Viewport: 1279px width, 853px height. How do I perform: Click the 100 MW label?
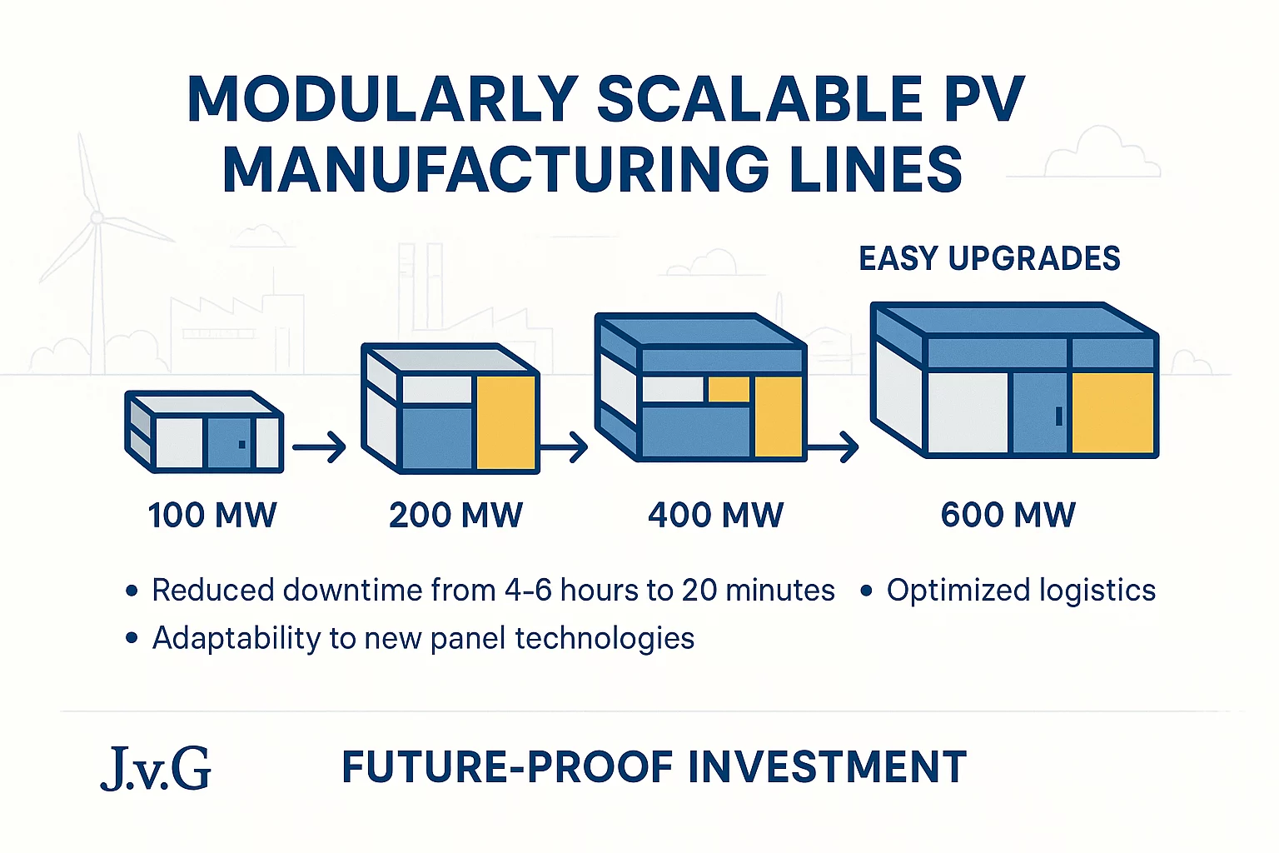point(212,515)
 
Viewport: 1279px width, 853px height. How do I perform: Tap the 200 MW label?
point(455,515)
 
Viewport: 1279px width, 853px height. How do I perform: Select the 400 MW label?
point(716,515)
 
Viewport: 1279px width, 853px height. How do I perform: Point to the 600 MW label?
point(1008,515)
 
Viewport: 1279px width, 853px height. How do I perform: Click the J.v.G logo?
point(156,768)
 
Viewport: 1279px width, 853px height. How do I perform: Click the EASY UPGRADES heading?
point(989,258)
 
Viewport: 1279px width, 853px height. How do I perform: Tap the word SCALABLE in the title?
point(759,99)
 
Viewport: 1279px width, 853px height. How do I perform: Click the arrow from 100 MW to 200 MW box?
point(319,446)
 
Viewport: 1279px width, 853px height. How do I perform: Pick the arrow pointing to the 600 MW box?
point(833,446)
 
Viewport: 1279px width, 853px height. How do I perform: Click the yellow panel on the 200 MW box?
point(506,422)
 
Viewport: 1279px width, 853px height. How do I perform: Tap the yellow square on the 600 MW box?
point(1112,413)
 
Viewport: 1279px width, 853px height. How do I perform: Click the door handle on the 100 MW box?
point(242,445)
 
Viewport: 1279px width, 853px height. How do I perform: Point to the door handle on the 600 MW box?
point(1059,417)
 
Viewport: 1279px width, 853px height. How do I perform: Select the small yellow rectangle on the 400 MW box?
point(729,389)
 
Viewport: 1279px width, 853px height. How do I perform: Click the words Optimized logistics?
point(1021,590)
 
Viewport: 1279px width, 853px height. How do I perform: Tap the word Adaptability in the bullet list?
point(236,638)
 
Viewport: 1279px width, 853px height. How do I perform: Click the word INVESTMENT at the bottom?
point(828,767)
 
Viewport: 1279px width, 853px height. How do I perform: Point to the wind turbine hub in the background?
point(97,217)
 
